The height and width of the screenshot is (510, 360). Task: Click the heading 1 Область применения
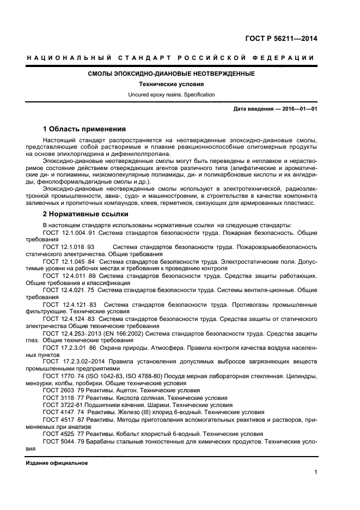[x=84, y=129]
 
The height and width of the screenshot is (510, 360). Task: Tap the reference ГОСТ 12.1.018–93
[x=69, y=247]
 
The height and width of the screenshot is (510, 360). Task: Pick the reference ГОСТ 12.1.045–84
[x=69, y=262]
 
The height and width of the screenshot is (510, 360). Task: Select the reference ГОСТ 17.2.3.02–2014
[x=75, y=361]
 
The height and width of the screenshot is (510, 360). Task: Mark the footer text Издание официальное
[x=56, y=463]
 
